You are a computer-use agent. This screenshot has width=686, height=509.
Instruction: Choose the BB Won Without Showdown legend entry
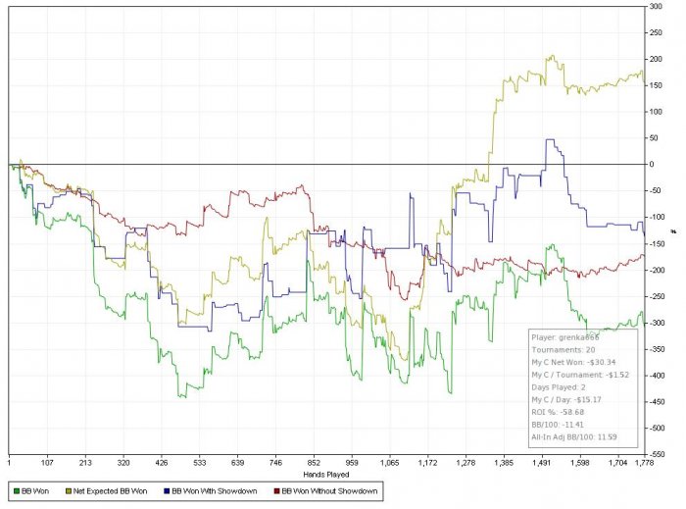[325, 487]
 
